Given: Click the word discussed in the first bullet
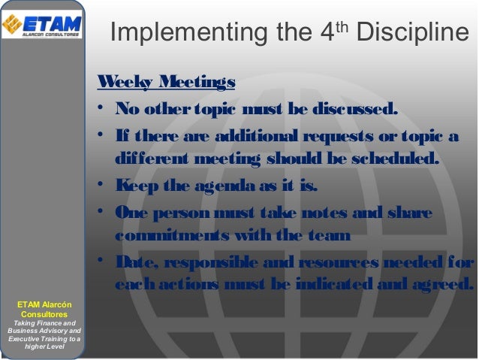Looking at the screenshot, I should point(353,113).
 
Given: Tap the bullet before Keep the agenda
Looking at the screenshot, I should point(100,185).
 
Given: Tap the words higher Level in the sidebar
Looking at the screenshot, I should point(44,346).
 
